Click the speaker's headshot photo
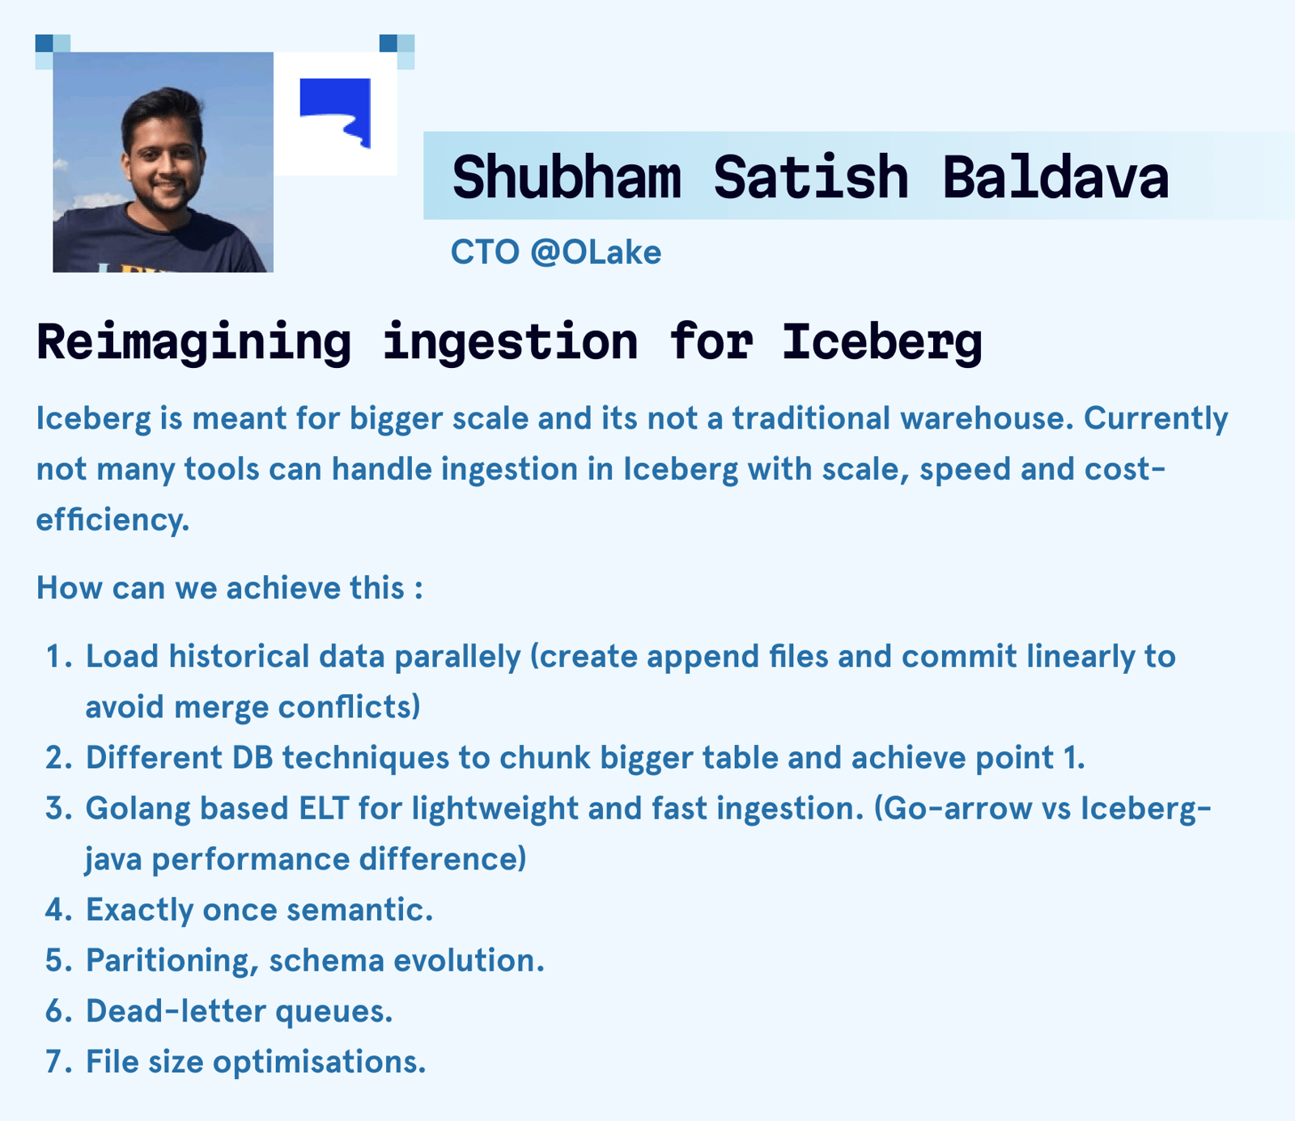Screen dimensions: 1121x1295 [x=163, y=162]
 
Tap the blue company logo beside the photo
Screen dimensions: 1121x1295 [x=335, y=113]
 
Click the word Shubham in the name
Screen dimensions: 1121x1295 [x=567, y=177]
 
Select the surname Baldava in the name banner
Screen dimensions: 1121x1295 [x=1055, y=177]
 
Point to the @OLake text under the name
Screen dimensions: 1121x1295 [x=596, y=252]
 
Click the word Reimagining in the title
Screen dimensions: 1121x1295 [x=194, y=341]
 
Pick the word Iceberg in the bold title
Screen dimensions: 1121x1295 [x=881, y=341]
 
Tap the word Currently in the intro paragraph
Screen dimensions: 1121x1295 [x=1156, y=418]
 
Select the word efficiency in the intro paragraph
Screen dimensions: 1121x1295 [x=113, y=519]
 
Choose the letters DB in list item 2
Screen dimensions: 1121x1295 [x=253, y=758]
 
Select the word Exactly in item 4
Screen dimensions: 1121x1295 [x=140, y=910]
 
